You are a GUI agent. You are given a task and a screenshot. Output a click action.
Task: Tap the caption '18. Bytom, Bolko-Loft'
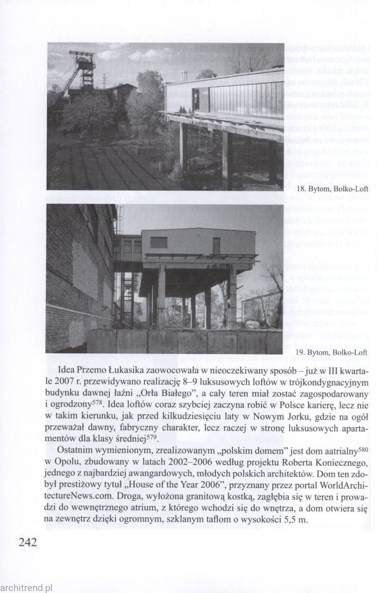click(331, 189)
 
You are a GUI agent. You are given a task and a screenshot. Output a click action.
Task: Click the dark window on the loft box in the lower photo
click(159, 242)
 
